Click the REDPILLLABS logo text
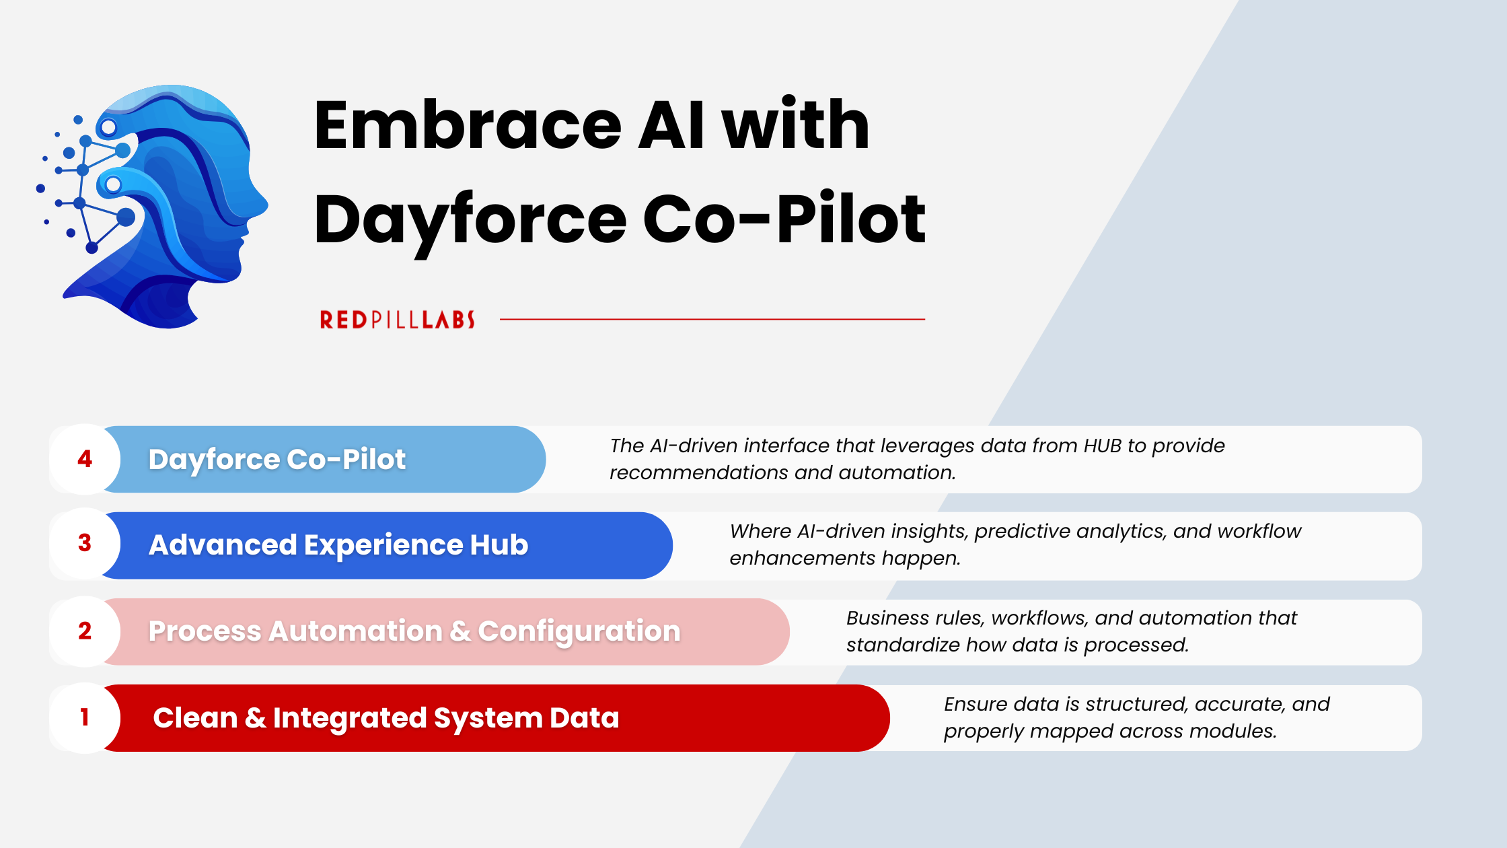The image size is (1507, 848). pyautogui.click(x=397, y=320)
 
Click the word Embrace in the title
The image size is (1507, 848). pyautogui.click(x=468, y=125)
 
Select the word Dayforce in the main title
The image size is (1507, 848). pyautogui.click(x=470, y=219)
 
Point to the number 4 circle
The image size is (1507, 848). pyautogui.click(x=85, y=459)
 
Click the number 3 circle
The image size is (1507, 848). pyautogui.click(x=85, y=543)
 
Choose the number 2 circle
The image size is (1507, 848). pyautogui.click(x=85, y=631)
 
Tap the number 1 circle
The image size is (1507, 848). pyautogui.click(x=85, y=717)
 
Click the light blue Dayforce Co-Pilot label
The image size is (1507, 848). pyautogui.click(x=277, y=460)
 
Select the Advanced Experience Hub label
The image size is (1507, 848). pyautogui.click(x=338, y=545)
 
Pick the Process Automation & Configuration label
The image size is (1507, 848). pyautogui.click(x=414, y=631)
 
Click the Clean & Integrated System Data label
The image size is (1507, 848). pyautogui.click(x=385, y=718)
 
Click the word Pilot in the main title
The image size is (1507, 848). pyautogui.click(x=851, y=219)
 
